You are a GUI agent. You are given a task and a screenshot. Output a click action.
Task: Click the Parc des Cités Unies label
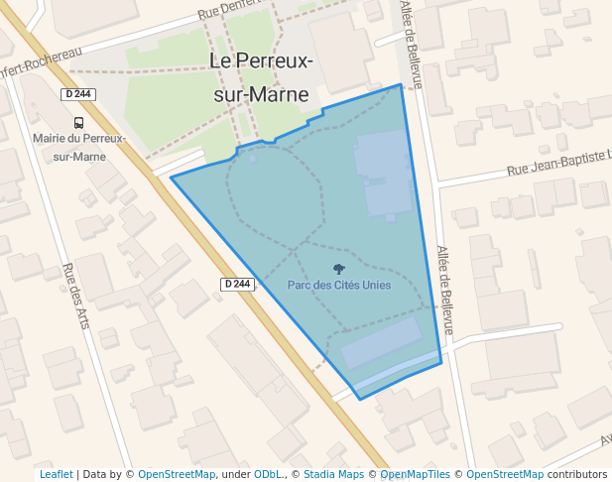point(339,286)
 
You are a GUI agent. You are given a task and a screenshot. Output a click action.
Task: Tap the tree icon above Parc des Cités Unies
point(339,269)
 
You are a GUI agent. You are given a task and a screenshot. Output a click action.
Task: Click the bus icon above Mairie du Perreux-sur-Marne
point(78,123)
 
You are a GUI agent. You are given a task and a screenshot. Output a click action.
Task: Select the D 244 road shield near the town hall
point(77,94)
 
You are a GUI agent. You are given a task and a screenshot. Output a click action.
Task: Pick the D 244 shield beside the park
point(237,284)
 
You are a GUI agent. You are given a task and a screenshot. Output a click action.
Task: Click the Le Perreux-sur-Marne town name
point(263,77)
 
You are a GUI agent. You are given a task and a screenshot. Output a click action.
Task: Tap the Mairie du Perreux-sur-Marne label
point(79,147)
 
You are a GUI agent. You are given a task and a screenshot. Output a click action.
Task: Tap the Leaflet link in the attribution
point(56,474)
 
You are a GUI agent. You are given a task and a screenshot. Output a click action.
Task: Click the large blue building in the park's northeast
point(385,175)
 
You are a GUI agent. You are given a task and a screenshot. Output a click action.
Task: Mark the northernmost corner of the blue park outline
point(401,84)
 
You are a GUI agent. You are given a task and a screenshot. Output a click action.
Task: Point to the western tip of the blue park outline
point(172,178)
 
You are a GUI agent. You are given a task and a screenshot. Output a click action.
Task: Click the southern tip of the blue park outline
point(360,399)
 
